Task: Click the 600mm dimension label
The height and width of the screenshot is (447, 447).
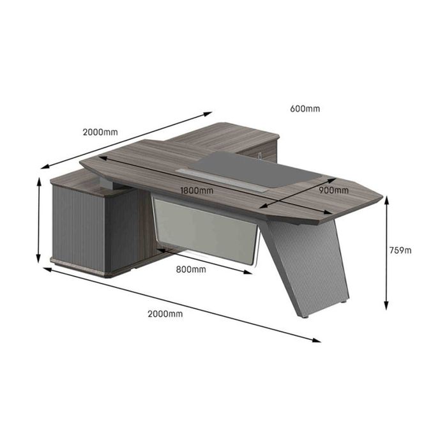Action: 305,109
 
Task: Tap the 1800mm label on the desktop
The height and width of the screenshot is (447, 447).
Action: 197,190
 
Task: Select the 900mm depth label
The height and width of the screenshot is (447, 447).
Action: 333,190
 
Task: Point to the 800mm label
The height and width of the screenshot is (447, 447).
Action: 191,269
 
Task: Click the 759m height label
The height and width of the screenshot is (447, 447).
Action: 400,250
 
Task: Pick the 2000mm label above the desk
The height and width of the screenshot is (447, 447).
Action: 100,132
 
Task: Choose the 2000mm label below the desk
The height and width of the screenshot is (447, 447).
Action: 165,314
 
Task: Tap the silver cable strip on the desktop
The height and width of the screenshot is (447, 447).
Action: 222,180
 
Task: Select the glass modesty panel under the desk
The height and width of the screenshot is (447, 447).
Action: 206,229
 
